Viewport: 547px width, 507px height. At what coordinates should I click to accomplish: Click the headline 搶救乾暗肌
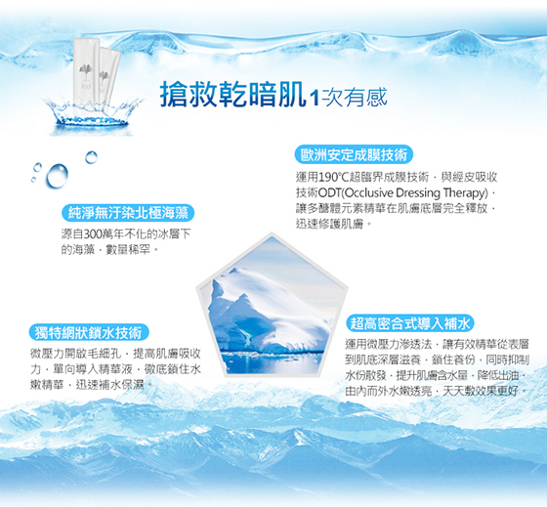[233, 95]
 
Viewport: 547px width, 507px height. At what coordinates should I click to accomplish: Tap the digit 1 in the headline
[315, 98]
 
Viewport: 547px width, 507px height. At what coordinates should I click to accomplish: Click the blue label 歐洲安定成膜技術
[354, 155]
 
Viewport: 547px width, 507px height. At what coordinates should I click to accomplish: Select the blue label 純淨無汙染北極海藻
[128, 213]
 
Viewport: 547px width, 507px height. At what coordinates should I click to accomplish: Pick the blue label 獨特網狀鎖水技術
[89, 332]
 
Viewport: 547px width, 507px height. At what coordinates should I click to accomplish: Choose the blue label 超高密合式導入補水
[410, 323]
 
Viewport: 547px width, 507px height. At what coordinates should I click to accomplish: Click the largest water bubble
[58, 176]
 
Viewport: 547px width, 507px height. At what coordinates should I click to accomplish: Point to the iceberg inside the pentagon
[270, 311]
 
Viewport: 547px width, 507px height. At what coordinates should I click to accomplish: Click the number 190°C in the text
[332, 178]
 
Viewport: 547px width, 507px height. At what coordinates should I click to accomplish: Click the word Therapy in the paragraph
[465, 193]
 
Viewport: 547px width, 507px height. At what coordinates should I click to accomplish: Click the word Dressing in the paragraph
[418, 193]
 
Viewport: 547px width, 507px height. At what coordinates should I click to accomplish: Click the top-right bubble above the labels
[92, 157]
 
